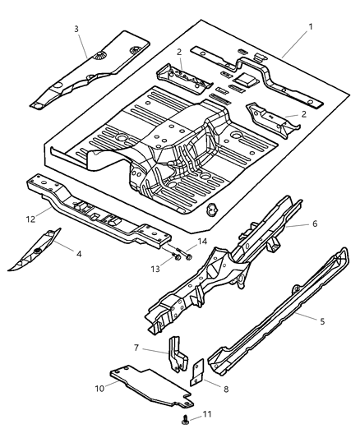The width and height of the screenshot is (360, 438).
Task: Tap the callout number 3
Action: point(76,30)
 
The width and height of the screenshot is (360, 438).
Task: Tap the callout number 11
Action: point(206,414)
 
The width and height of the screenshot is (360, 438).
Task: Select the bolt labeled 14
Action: point(187,256)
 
